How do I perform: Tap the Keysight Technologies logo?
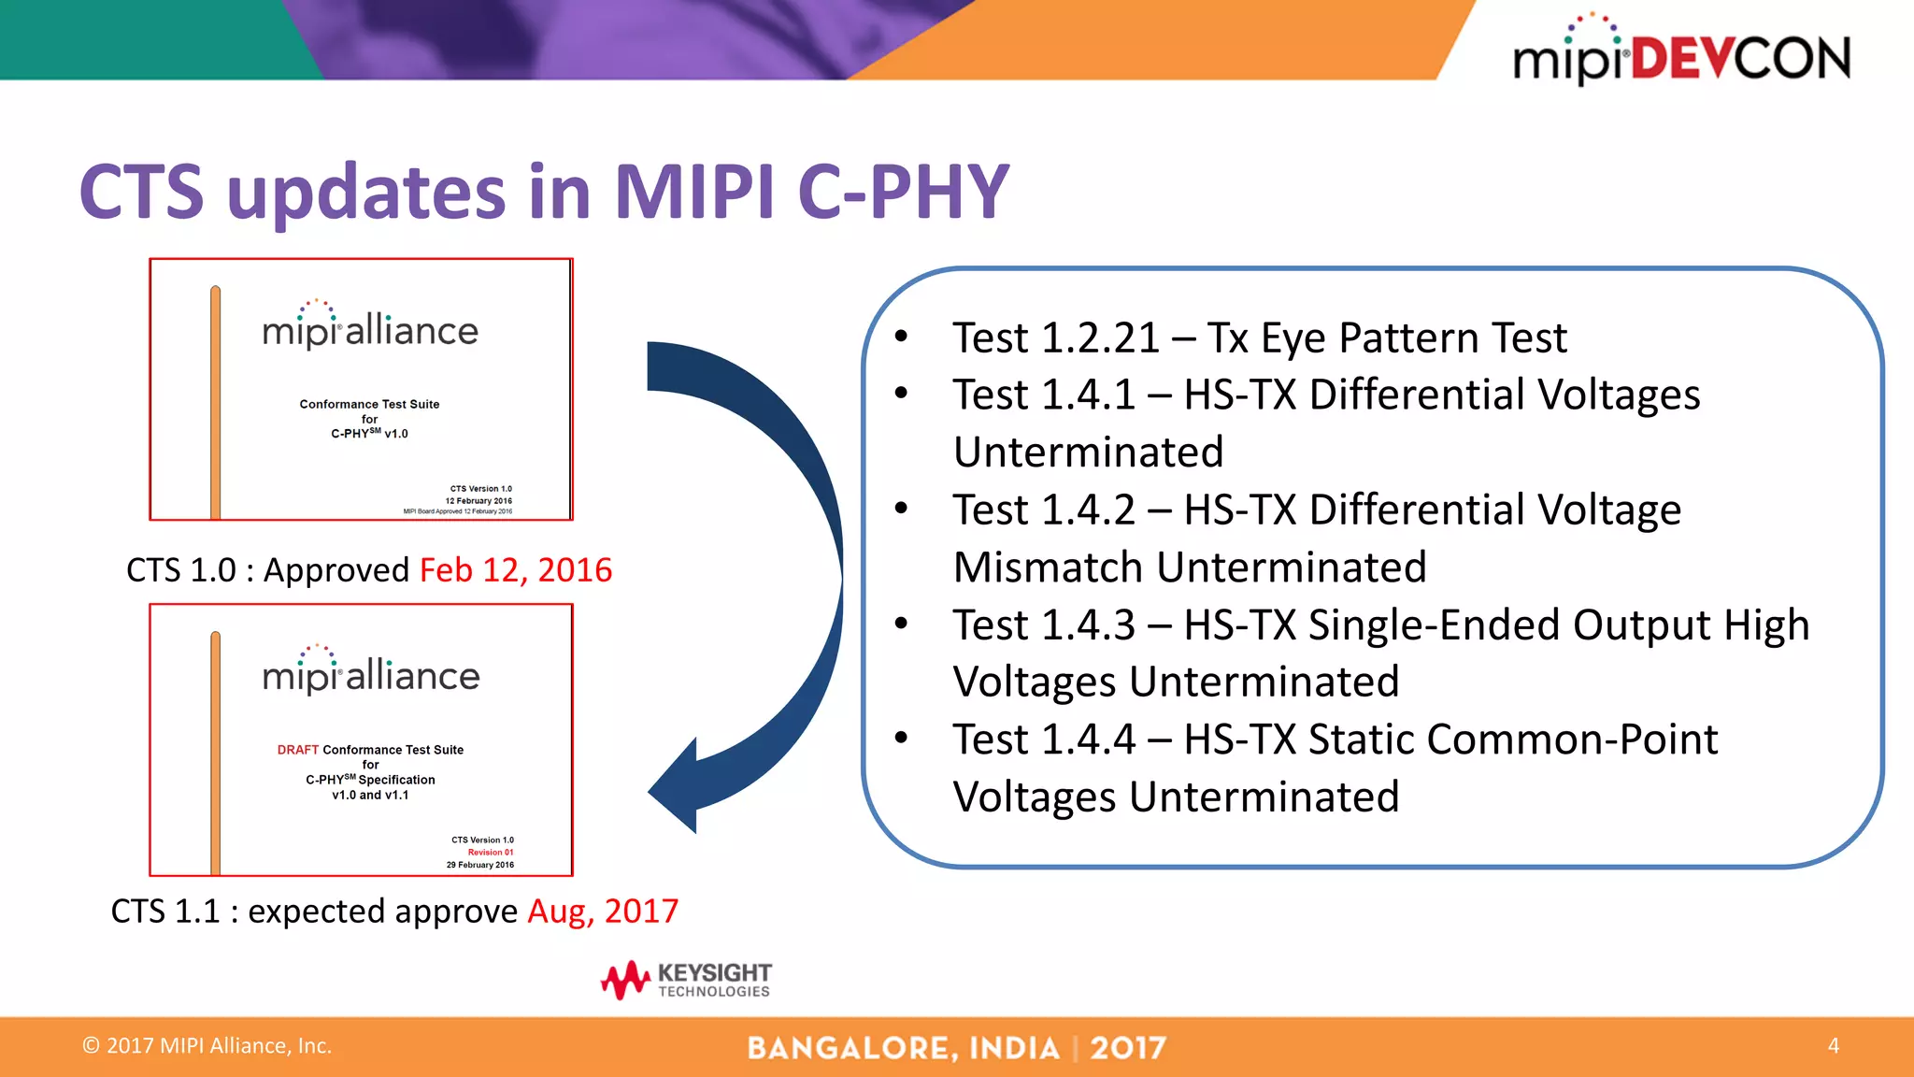pos(687,980)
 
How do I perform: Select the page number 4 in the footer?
pos(1833,1045)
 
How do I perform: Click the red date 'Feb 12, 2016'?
pos(516,570)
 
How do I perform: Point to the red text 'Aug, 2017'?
pos(603,912)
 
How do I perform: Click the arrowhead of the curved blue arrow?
pos(677,787)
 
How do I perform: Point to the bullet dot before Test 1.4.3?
pos(901,624)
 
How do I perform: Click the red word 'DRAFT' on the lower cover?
pos(298,750)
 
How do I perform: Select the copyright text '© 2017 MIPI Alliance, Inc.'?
pos(207,1046)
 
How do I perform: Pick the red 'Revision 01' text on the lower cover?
pos(491,853)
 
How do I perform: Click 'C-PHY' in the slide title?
pos(904,193)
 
